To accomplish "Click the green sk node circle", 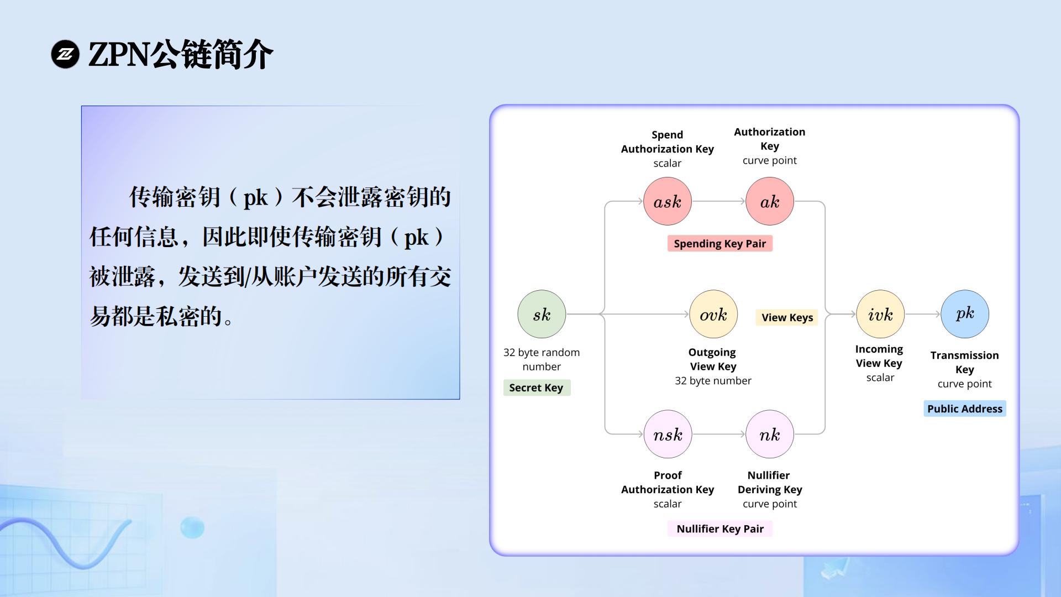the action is (x=542, y=314).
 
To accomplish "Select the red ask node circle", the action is (x=668, y=201).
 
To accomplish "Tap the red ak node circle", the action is (x=770, y=201).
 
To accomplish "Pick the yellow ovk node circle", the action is (x=713, y=314).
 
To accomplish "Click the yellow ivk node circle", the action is (x=880, y=314).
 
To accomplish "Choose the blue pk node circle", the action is (x=965, y=314).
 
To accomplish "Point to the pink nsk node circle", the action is (x=668, y=434).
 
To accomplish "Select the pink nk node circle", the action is (x=770, y=434).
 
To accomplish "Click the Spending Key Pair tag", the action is (x=720, y=244).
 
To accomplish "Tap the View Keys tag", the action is (x=787, y=317).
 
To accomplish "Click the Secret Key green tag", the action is (x=537, y=387).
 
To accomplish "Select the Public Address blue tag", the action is (x=965, y=409).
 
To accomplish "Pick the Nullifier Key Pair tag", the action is (x=720, y=529).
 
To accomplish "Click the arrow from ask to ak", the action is (x=718, y=201).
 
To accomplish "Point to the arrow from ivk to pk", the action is (x=923, y=314).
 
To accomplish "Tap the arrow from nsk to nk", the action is (x=719, y=434).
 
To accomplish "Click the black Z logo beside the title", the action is (x=65, y=54).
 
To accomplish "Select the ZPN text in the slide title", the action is (x=119, y=55).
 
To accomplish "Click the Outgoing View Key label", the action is (x=713, y=359).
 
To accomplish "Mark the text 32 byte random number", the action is (x=542, y=359).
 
